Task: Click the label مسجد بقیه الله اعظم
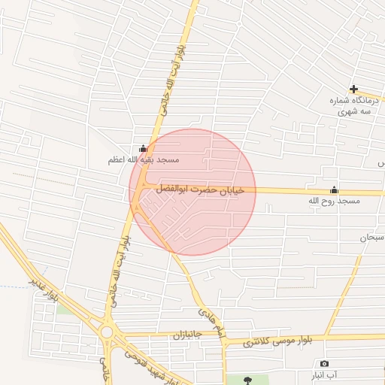(x=142, y=160)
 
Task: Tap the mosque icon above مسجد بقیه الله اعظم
(x=143, y=148)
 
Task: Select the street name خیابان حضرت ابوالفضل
(x=200, y=190)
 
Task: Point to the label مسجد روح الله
(x=334, y=202)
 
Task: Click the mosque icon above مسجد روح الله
(x=334, y=189)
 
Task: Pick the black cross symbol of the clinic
(x=353, y=89)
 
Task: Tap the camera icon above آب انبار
(x=324, y=363)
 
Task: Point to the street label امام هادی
(x=211, y=323)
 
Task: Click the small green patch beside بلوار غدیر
(x=63, y=308)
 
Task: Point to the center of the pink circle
(x=192, y=192)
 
